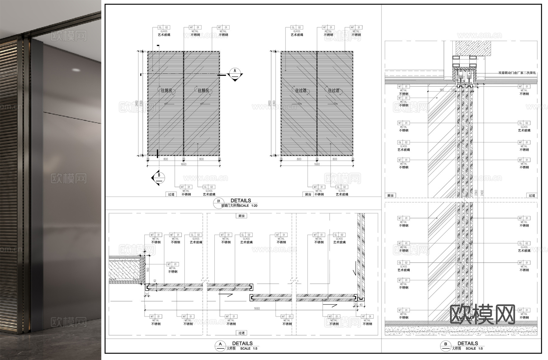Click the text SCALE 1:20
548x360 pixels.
click(x=248, y=206)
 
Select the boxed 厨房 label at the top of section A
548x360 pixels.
click(x=241, y=216)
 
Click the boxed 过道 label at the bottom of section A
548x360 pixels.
click(x=241, y=333)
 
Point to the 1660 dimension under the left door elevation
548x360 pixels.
click(x=184, y=164)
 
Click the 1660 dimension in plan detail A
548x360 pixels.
click(x=257, y=309)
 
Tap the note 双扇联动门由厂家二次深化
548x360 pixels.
click(x=517, y=73)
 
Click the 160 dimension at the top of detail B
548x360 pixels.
click(x=442, y=90)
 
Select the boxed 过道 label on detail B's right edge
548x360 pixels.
click(x=532, y=196)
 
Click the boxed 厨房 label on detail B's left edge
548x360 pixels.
click(x=390, y=196)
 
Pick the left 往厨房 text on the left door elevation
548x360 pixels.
click(x=166, y=91)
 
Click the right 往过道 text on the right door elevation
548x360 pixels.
click(x=333, y=91)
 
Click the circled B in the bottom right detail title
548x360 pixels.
click(x=445, y=344)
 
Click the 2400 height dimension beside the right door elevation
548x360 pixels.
click(x=269, y=103)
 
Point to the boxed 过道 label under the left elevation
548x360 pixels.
click(x=171, y=194)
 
